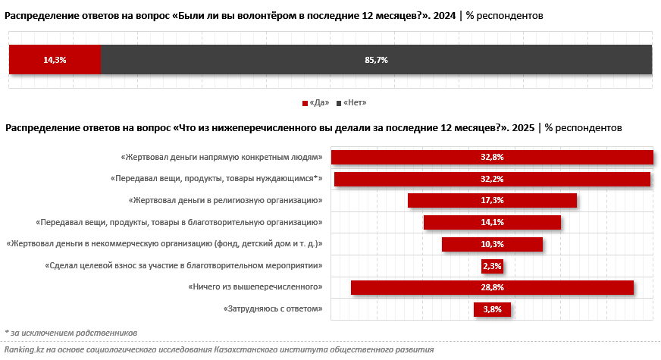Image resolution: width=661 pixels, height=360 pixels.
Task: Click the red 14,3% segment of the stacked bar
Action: (55, 60)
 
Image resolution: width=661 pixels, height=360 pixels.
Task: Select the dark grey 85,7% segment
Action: (376, 60)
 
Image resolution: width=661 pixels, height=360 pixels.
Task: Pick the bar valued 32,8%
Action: (492, 157)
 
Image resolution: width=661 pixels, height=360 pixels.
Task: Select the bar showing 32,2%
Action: (492, 179)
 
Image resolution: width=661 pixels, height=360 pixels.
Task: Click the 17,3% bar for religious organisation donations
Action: (492, 200)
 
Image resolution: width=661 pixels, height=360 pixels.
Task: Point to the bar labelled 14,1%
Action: (492, 222)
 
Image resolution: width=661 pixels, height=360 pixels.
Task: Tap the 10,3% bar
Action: (492, 244)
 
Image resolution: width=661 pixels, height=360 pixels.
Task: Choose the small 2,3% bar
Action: (492, 265)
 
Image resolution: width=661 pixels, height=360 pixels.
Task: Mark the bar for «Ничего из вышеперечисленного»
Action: (492, 287)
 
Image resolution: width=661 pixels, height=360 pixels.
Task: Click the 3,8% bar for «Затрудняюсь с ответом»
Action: (492, 309)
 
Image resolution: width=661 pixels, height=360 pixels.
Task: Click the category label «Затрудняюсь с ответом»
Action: (274, 308)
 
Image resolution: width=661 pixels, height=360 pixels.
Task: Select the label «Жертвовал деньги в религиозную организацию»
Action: (226, 201)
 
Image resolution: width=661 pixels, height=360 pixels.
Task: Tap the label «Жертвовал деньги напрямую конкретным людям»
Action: (222, 158)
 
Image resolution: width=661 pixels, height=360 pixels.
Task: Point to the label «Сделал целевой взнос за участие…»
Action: (184, 265)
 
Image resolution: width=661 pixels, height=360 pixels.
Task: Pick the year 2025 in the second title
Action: (523, 128)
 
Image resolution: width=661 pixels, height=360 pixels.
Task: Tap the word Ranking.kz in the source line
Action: (23, 350)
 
